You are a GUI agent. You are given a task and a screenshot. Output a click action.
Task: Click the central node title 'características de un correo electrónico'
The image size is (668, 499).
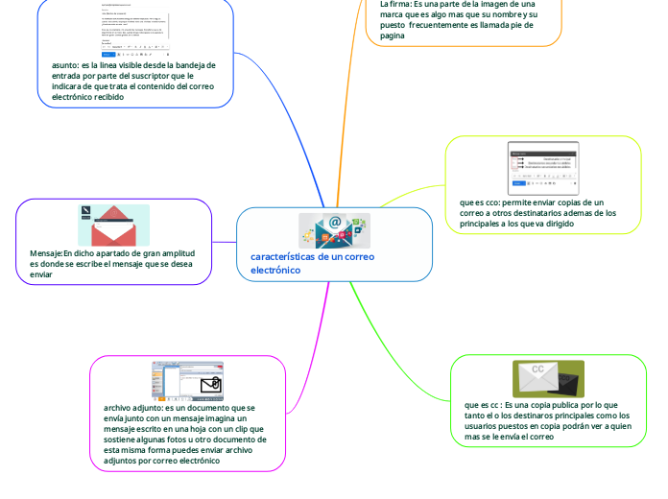[x=312, y=263]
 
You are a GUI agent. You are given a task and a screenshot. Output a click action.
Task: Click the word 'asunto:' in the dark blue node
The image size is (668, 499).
[x=68, y=65]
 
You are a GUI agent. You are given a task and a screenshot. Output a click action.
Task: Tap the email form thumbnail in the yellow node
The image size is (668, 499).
[x=543, y=169]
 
